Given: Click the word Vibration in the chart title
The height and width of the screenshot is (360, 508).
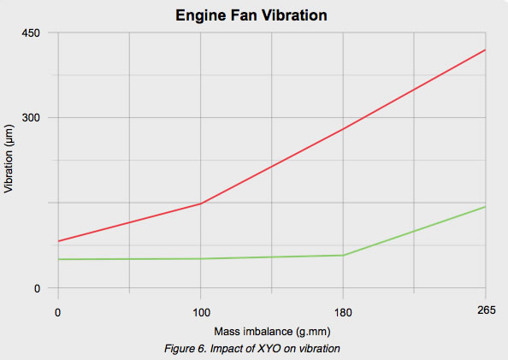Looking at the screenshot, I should tap(293, 15).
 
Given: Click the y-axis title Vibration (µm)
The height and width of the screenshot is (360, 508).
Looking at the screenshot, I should tap(9, 160).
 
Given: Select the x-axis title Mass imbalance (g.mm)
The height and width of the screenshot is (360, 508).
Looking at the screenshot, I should tap(271, 331).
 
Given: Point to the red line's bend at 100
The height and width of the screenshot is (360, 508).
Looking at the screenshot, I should tap(200, 204).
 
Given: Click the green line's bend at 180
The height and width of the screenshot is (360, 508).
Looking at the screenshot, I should tap(343, 255).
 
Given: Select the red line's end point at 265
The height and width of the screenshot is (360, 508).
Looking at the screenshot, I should tap(485, 50).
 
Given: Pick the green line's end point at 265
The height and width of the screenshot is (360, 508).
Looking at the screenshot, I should tap(485, 207).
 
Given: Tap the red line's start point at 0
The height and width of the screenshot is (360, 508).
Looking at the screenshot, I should tap(58, 241).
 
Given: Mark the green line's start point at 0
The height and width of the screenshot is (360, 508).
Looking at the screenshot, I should tap(58, 259).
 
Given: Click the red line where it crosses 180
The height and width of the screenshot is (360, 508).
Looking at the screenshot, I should tap(343, 129).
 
